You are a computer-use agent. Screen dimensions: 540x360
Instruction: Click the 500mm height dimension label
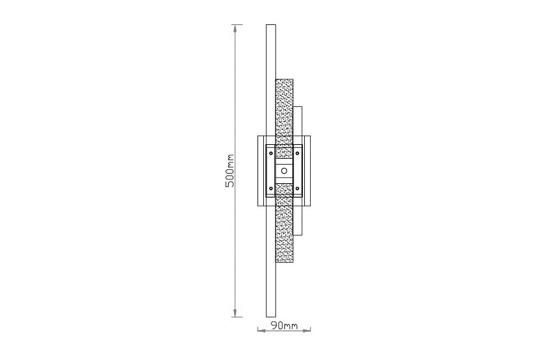(230, 171)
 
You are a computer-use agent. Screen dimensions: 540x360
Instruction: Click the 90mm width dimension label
(284, 325)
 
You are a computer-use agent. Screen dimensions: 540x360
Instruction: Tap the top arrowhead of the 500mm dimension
(235, 28)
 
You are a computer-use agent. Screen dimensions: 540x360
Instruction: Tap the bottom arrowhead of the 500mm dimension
(235, 313)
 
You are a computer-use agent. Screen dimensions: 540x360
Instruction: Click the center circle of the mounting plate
(284, 170)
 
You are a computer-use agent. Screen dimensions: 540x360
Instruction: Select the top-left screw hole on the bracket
(271, 152)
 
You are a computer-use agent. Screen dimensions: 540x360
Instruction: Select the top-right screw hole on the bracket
(297, 152)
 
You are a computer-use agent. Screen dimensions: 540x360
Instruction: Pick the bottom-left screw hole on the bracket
(271, 188)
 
